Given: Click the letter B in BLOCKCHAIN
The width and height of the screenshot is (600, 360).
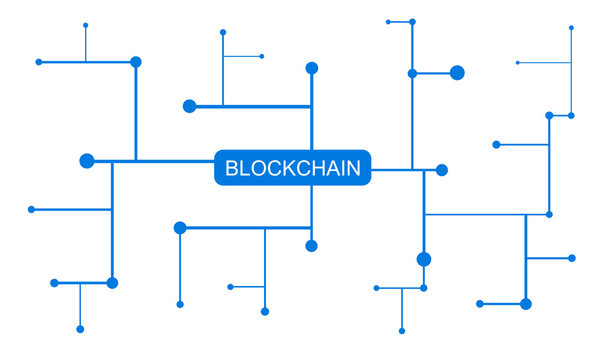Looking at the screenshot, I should pos(232,169).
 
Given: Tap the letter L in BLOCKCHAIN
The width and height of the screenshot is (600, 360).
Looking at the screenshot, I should pos(245,169).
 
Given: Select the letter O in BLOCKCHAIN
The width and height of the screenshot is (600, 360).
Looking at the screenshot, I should pos(258,169).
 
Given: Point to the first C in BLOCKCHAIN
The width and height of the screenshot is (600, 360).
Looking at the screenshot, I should pos(274,169).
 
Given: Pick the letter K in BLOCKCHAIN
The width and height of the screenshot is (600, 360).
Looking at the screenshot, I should pos(289,169).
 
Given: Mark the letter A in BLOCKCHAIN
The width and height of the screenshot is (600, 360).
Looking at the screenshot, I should pos(333,169).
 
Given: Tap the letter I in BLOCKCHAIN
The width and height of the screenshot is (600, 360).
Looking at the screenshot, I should pos(343,169).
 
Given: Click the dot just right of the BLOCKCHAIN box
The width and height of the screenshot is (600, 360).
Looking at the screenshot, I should pos(441,170).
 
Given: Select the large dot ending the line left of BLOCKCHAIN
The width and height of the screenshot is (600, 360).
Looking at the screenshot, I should pos(87,161).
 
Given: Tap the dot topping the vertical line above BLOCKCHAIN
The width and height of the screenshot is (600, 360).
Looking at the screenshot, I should pos(312,68).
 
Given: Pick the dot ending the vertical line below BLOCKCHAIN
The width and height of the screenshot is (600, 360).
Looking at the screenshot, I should pos(312,246).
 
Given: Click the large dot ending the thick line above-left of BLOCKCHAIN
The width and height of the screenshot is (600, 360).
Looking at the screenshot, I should pos(190,106).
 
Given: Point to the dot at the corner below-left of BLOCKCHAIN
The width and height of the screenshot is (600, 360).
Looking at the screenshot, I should pos(180,228).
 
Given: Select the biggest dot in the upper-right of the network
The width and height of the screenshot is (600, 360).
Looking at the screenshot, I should pos(457,72).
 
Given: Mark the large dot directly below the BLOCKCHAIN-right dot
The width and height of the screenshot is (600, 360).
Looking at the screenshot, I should pos(424,259).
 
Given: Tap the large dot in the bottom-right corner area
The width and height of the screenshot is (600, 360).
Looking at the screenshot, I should pos(526,303).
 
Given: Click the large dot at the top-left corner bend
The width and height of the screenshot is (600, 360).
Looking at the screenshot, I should pos(136,62).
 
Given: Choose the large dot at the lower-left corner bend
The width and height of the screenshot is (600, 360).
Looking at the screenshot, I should pos(112,283).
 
